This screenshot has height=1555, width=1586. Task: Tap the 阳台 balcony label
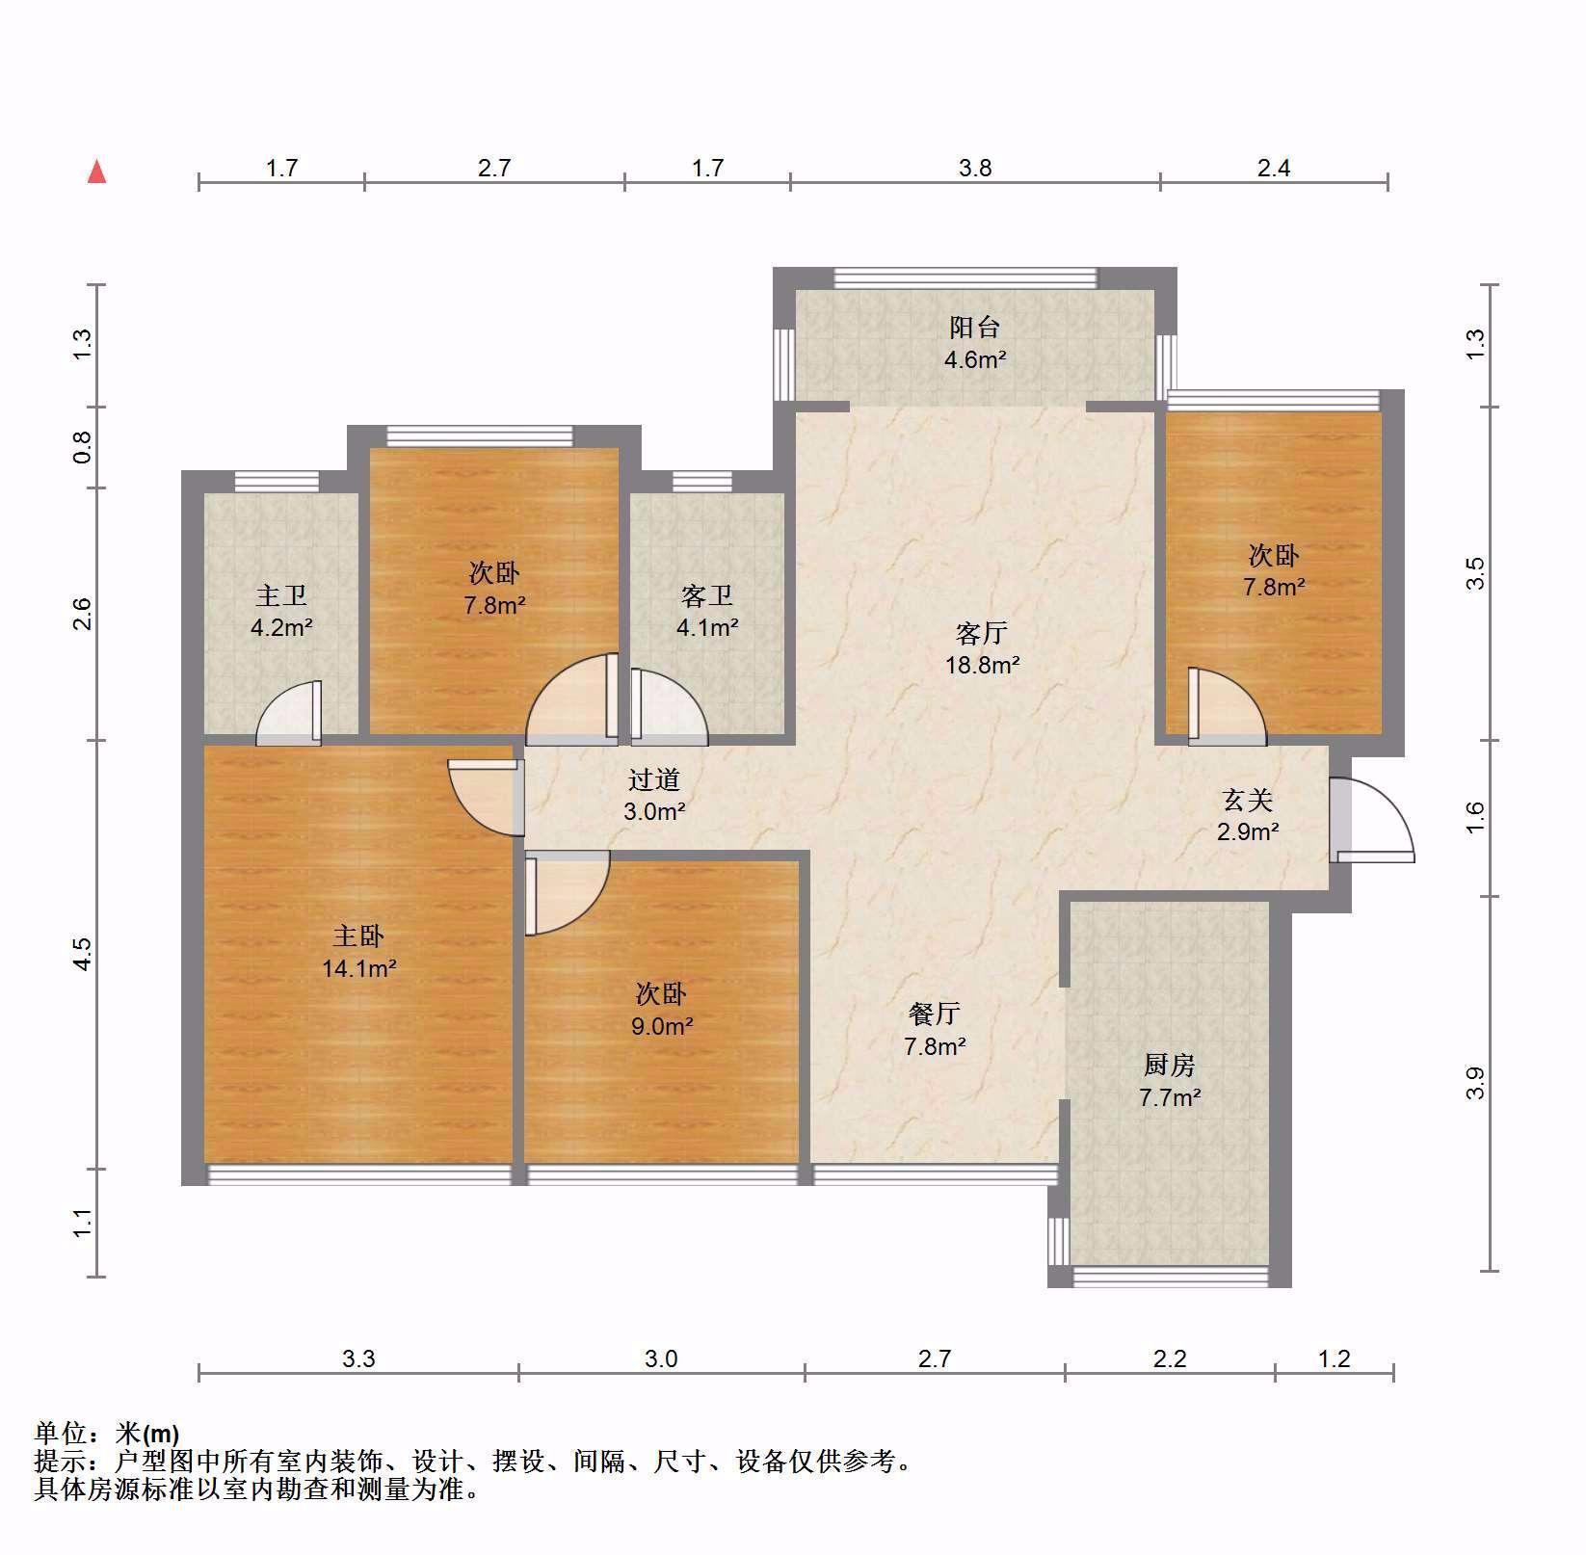[975, 328]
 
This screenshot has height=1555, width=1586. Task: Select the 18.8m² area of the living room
[983, 664]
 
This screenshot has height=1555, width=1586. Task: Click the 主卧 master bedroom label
[359, 936]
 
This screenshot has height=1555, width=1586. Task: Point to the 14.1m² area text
[359, 967]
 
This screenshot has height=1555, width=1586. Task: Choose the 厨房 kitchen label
[1170, 1065]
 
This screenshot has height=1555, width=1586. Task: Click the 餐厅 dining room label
[935, 1014]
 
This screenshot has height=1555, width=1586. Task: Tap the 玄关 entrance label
[1249, 800]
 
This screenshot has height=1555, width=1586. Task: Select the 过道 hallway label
[654, 779]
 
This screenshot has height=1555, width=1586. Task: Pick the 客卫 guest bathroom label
[707, 596]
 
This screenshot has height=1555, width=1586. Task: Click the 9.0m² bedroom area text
[662, 1026]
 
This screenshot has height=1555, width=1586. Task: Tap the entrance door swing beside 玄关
[1372, 818]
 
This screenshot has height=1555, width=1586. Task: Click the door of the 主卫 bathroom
[289, 713]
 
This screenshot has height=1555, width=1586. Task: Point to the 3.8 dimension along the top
[975, 169]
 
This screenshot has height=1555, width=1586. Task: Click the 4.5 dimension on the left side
[83, 954]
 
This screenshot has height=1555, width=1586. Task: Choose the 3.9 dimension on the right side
[1475, 1083]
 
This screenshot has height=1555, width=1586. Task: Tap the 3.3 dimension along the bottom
[358, 1358]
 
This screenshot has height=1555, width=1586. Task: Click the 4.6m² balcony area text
[975, 360]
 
